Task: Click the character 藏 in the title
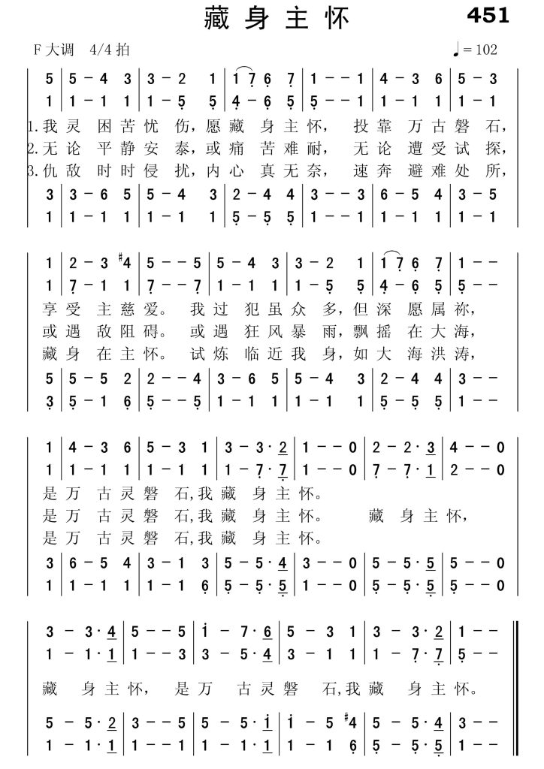(217, 19)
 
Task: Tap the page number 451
(488, 15)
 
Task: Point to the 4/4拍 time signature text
(108, 50)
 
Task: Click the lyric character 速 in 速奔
(356, 171)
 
